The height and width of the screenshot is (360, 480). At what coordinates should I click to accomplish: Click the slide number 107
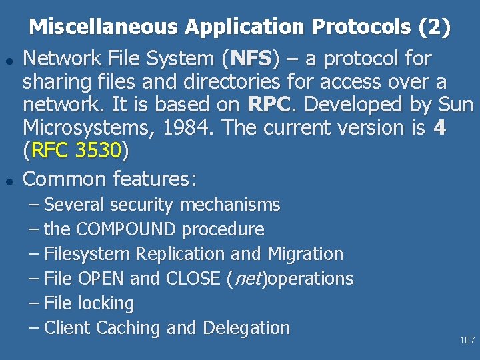click(x=467, y=341)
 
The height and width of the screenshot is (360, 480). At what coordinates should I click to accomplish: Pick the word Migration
click(x=305, y=254)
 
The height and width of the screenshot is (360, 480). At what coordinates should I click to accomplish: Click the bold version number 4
click(x=439, y=128)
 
